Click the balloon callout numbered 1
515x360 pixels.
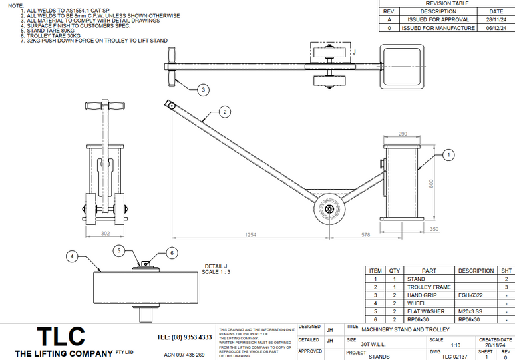pos(448,155)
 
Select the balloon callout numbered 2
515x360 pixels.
pos(225,111)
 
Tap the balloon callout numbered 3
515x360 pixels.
pos(203,89)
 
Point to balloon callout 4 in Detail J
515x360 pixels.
pos(73,255)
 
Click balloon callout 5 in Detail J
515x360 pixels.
pos(119,251)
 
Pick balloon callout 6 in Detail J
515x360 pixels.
pos(171,253)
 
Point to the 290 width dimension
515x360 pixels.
pos(403,134)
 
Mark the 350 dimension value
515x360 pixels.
pos(434,229)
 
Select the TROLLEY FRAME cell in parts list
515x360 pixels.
pos(430,287)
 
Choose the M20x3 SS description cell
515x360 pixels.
pos(476,311)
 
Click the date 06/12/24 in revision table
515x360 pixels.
pos(496,29)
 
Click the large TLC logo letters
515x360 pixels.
pos(61,335)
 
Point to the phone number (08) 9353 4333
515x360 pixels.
pos(184,337)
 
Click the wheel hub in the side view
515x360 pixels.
pos(330,210)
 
